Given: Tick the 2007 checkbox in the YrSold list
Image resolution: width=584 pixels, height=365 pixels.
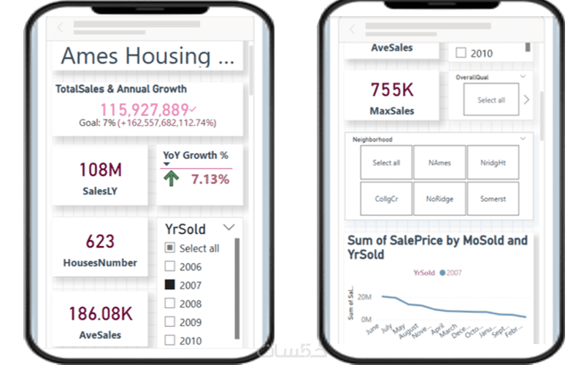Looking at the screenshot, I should point(169,285).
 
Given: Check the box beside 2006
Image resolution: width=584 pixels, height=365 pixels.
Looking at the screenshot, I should point(169,267).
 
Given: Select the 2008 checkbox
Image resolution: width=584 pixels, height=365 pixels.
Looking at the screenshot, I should point(169,304).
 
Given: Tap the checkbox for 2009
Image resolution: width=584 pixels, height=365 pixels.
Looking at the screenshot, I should point(169,322).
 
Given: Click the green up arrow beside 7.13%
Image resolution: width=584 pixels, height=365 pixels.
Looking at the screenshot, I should point(171,179).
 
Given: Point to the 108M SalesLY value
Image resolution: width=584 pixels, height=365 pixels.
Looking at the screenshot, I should point(100,170).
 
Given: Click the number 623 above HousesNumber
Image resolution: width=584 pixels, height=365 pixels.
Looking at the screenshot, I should point(100,242).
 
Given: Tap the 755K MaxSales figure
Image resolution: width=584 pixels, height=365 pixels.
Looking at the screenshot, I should point(392,90).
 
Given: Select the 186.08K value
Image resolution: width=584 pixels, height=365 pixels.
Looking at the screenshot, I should point(100,314).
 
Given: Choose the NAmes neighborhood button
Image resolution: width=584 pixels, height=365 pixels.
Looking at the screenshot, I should point(439,163).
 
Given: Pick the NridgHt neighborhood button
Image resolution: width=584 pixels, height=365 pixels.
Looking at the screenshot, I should point(493,163).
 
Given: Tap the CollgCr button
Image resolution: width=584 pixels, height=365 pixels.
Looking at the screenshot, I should point(386,199).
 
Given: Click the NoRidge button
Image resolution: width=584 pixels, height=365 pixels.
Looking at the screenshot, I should point(439,199).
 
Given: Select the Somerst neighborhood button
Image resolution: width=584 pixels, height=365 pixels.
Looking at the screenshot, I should point(493,199).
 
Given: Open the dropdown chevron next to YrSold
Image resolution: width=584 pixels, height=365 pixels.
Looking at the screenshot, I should point(231,228).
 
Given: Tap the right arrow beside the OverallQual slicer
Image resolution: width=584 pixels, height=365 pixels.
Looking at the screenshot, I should point(526,100).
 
